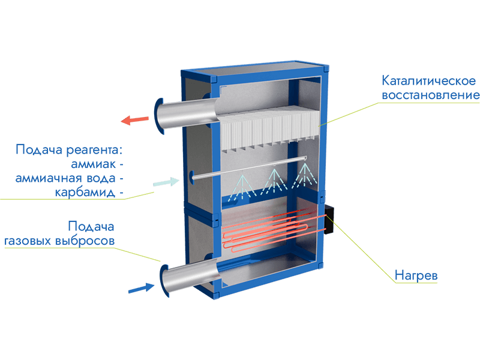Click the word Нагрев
416,276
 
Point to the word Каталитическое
428,80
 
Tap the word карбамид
86,193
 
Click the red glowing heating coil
267,228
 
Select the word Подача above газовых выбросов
91,227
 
